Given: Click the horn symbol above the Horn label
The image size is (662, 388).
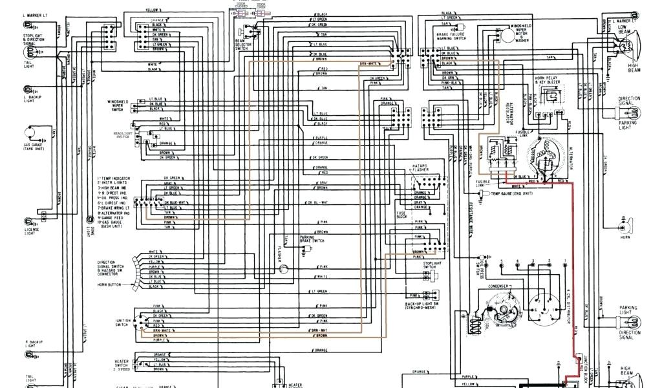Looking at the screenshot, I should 624,226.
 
